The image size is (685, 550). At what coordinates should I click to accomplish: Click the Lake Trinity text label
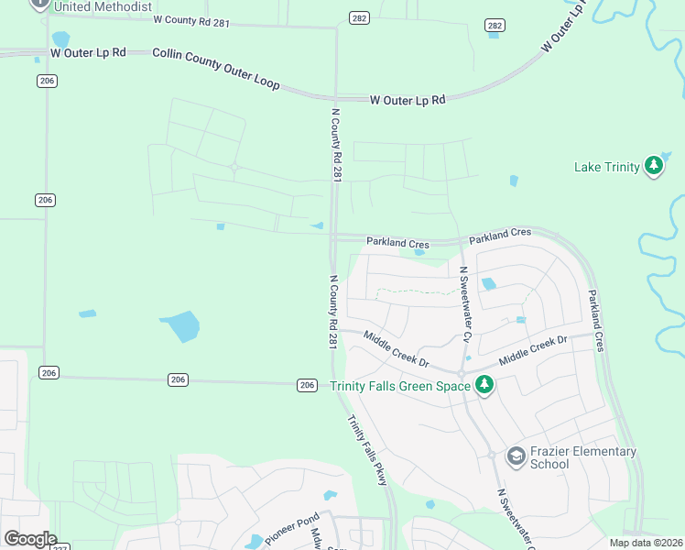pos(606,167)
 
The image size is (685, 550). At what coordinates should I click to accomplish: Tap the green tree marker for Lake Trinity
pos(653,167)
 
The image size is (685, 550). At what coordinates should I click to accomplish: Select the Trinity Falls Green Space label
pos(400,386)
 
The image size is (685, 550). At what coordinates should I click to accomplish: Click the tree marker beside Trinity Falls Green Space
pos(484,385)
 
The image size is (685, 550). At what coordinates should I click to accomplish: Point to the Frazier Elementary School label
pos(583,457)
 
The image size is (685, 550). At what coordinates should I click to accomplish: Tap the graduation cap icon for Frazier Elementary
pos(516,456)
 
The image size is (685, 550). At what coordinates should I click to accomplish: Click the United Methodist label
pos(103,6)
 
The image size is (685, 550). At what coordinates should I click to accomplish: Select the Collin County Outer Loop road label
pos(216,69)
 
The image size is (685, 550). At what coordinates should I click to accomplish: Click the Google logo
pos(29,538)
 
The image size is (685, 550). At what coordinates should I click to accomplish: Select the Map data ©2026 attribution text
pos(647,543)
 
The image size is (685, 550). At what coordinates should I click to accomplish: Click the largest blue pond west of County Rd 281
pos(180,325)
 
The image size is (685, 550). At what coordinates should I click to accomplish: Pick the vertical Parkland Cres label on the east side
pos(596,321)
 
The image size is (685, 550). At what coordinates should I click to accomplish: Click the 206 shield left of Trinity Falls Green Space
pos(307,385)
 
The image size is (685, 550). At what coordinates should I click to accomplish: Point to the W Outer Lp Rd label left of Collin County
pos(88,52)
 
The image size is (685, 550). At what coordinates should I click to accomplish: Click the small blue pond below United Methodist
pos(60,38)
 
